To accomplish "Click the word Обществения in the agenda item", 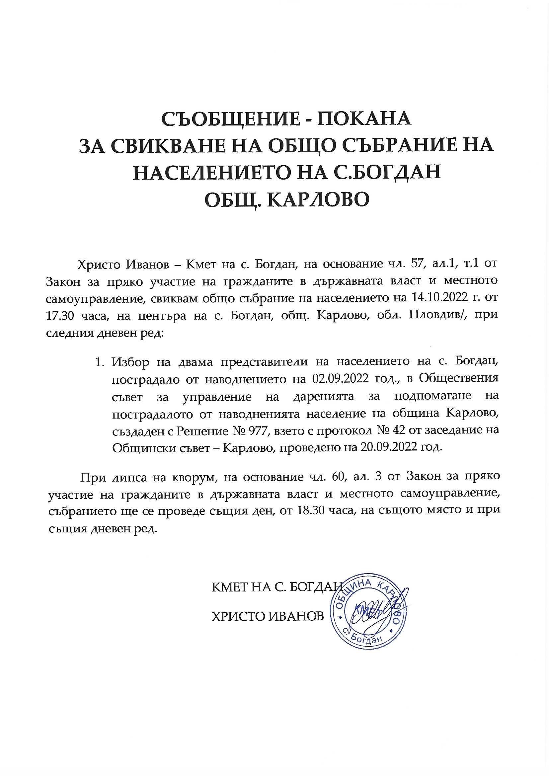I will [x=459, y=379].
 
